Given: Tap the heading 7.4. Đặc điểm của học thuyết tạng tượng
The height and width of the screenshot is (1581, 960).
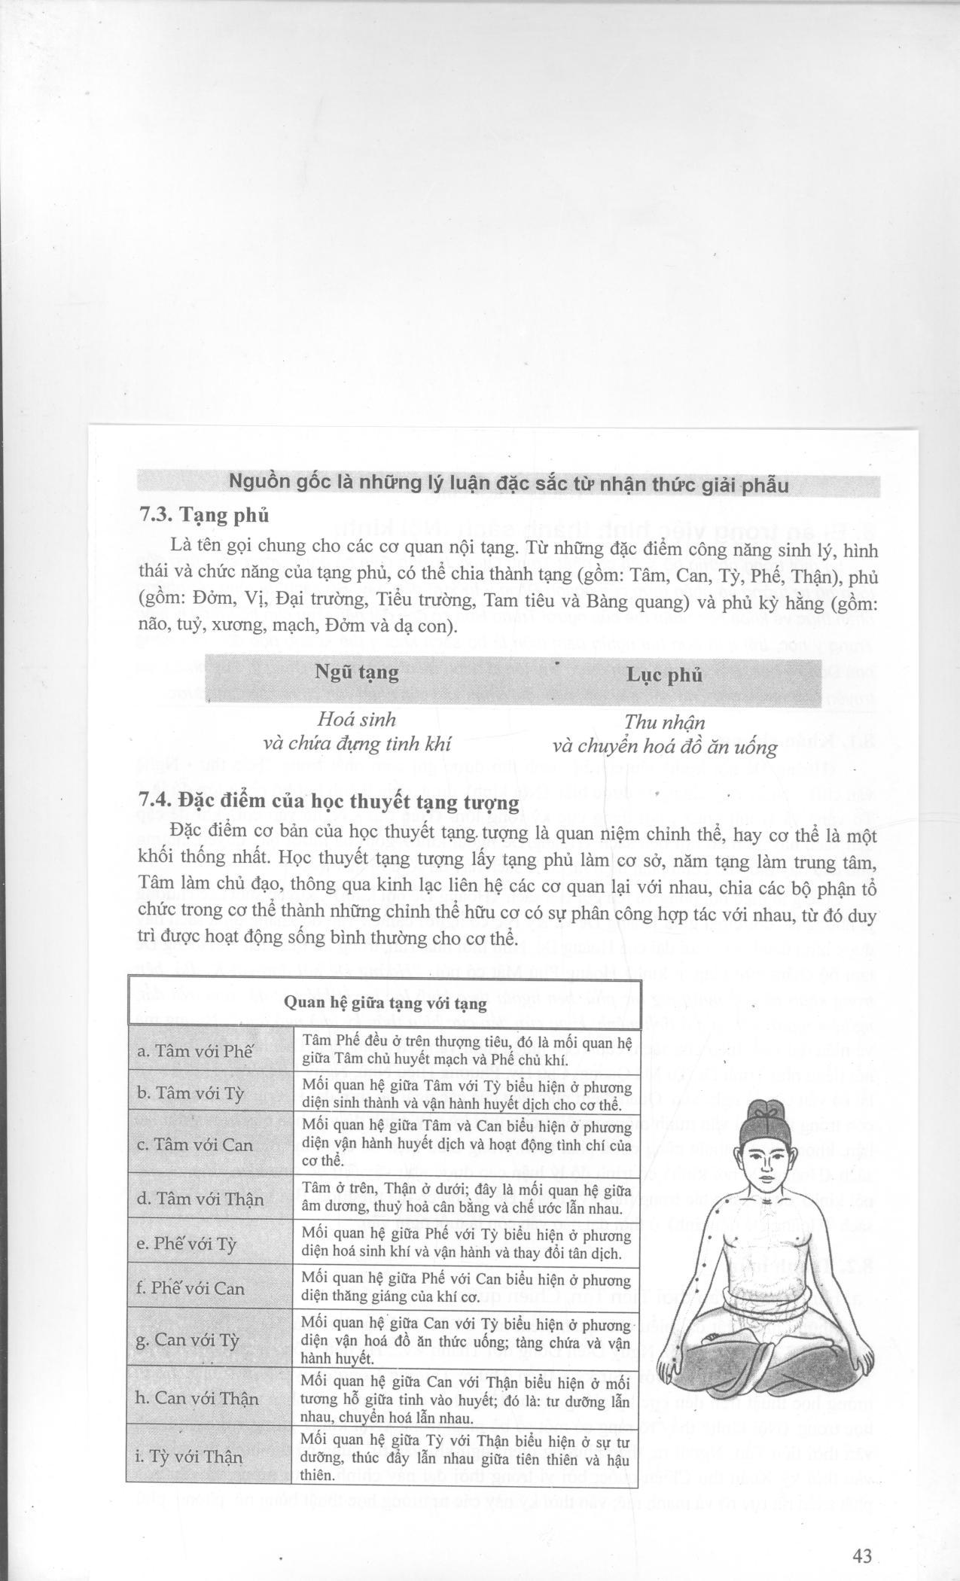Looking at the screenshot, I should tap(329, 803).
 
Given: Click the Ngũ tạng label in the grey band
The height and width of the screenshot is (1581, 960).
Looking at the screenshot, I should tap(356, 672).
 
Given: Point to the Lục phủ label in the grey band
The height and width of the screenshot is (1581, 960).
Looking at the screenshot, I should tap(664, 675).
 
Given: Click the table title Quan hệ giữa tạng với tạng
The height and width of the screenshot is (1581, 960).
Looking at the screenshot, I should tap(384, 1004).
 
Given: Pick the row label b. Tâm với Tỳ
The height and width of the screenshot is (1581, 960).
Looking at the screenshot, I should tap(190, 1093).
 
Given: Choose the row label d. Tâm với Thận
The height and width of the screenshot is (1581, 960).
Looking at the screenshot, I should tap(200, 1199).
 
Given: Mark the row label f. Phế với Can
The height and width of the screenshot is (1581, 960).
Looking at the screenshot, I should tap(190, 1288).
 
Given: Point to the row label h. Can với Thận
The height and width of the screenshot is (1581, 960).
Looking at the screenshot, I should tap(197, 1399).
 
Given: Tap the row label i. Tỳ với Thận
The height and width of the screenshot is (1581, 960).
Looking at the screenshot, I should tap(190, 1457).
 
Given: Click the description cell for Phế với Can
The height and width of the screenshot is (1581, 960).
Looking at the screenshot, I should tap(465, 1287).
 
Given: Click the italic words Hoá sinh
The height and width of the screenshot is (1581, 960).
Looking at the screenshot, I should tap(356, 719).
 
